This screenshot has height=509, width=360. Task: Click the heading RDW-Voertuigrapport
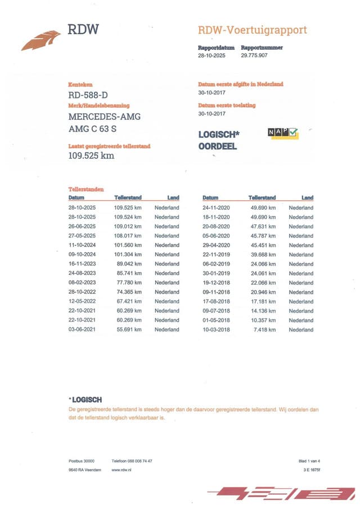pos(253,30)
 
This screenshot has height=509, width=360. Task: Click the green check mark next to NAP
pos(294,132)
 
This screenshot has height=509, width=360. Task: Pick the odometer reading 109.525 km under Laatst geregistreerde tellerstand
pos(91,156)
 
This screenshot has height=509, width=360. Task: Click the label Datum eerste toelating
pos(227,105)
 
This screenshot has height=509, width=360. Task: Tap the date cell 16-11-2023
pos(83,264)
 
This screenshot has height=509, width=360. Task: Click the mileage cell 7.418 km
pos(264,330)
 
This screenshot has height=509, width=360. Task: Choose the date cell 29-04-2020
pos(217,245)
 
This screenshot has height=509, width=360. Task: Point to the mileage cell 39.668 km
pos(262,254)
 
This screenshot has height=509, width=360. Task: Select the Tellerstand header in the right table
pos(262,198)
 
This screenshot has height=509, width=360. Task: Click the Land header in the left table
pos(173,198)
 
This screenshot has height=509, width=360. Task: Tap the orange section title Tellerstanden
pos(85,190)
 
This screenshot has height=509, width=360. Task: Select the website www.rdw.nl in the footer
pos(122,470)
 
